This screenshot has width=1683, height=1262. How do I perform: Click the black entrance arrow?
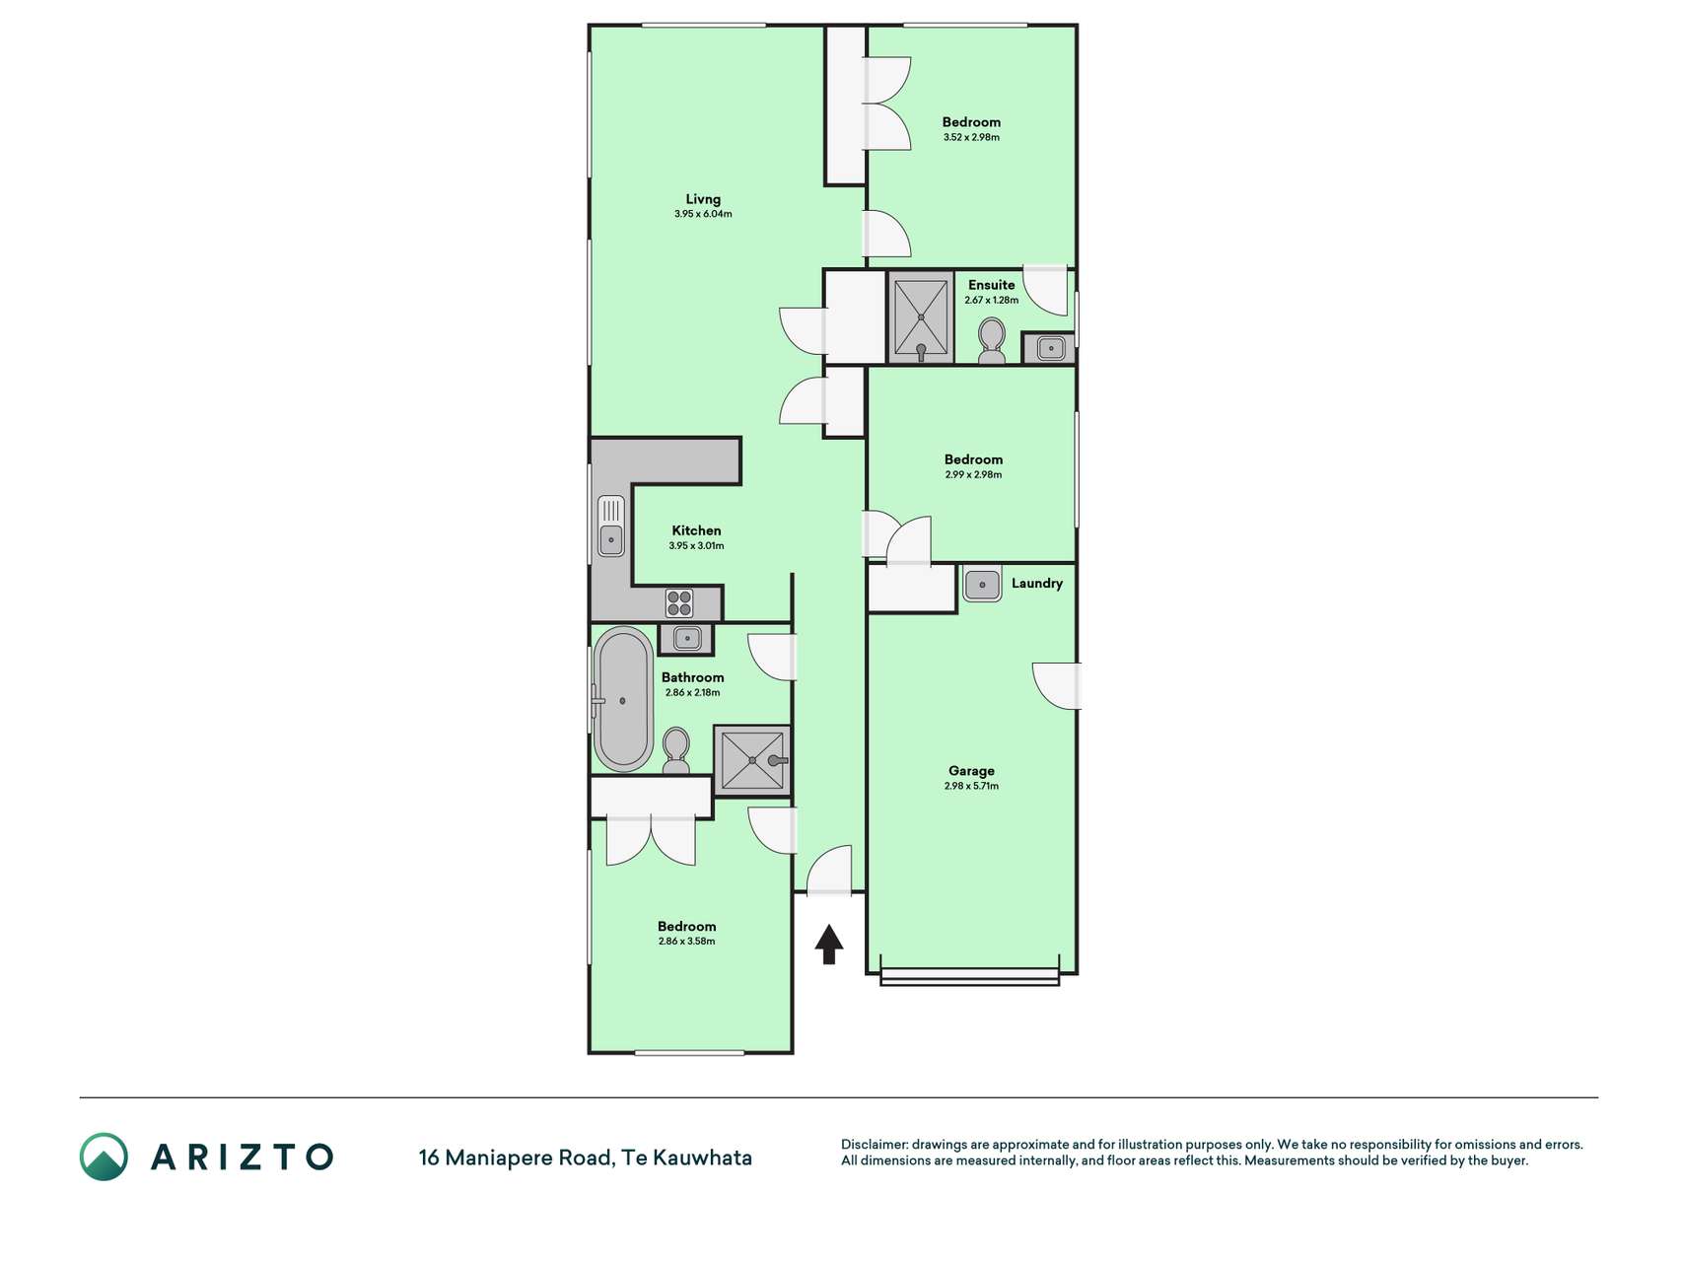pyautogui.click(x=829, y=944)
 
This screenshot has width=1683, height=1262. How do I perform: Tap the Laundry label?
pyautogui.click(x=1037, y=583)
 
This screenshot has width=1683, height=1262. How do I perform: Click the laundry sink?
pyautogui.click(x=982, y=585)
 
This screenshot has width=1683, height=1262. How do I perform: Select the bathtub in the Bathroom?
pyautogui.click(x=623, y=699)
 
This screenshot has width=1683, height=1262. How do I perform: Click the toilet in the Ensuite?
pyautogui.click(x=992, y=341)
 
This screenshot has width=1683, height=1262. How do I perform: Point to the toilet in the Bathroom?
pyautogui.click(x=676, y=751)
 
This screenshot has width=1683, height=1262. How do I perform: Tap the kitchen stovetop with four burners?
pyautogui.click(x=679, y=602)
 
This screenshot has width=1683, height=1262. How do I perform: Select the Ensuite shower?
pyautogui.click(x=921, y=317)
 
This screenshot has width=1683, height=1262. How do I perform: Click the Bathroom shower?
pyautogui.click(x=752, y=760)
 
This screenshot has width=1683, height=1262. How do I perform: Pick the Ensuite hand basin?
pyautogui.click(x=1051, y=348)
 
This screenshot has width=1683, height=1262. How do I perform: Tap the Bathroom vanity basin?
pyautogui.click(x=687, y=639)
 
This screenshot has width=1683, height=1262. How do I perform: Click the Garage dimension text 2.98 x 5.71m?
pyautogui.click(x=971, y=786)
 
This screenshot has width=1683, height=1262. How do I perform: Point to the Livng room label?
pyautogui.click(x=703, y=199)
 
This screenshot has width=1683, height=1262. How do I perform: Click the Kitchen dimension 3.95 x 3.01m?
pyautogui.click(x=696, y=545)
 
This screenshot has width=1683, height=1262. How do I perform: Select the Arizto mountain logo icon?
pyautogui.click(x=104, y=1157)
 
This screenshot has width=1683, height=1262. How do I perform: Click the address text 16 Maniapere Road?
pyautogui.click(x=516, y=1157)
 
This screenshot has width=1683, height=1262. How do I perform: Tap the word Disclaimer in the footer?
pyautogui.click(x=874, y=1145)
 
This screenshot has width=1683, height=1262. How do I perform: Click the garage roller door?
pyautogui.click(x=970, y=977)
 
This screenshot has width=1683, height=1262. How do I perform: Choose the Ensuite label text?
pyautogui.click(x=991, y=285)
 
